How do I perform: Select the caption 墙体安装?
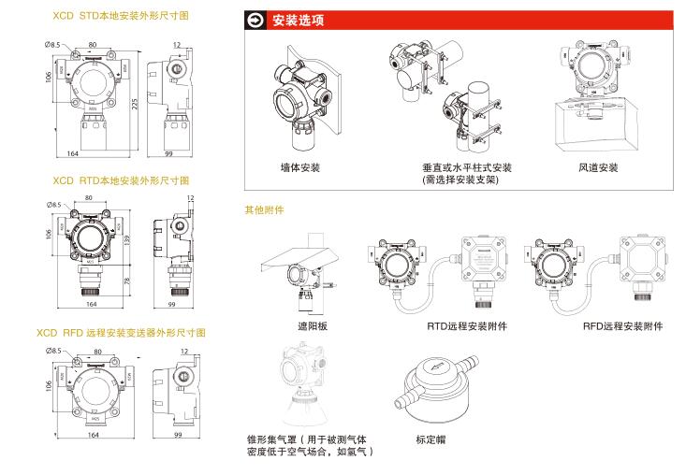[300, 167]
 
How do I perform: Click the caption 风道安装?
[597, 168]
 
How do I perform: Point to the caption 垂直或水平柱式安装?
[467, 168]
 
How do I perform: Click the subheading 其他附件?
[264, 210]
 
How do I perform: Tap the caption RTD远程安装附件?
[467, 326]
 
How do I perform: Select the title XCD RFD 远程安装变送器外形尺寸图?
[121, 333]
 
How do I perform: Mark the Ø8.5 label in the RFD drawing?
[54, 350]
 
